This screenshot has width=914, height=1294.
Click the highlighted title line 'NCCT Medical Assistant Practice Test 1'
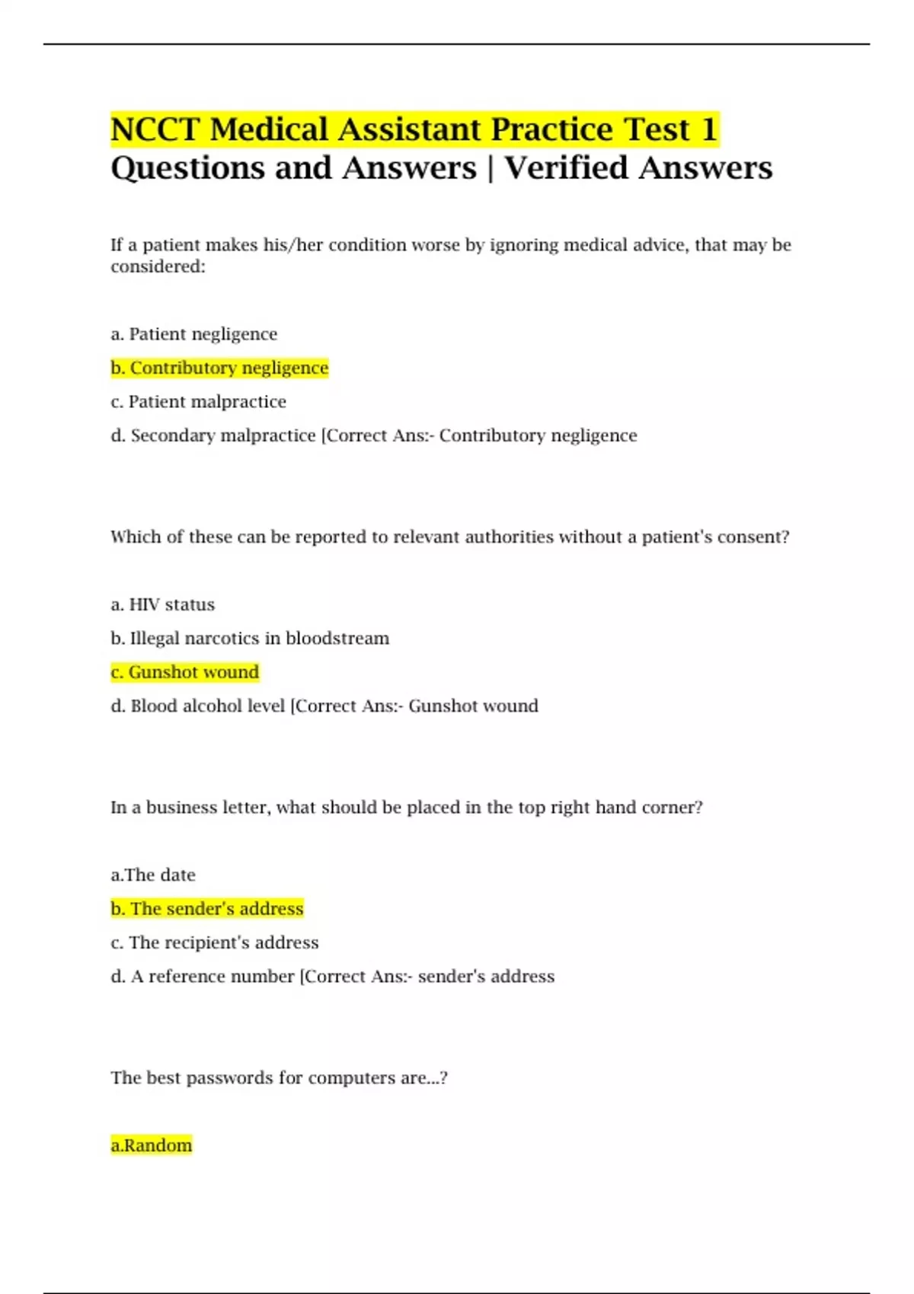pyautogui.click(x=414, y=129)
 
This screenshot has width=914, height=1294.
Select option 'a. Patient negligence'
pyautogui.click(x=194, y=334)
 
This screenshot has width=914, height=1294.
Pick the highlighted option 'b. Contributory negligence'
pyautogui.click(x=219, y=368)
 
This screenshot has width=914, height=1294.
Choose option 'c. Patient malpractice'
pyautogui.click(x=199, y=402)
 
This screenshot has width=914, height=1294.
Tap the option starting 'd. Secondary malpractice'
pyautogui.click(x=213, y=435)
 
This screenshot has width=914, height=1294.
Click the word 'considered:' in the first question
pyautogui.click(x=158, y=266)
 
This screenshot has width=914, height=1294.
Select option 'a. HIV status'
pyautogui.click(x=163, y=604)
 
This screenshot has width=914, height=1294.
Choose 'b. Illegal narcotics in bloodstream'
pyautogui.click(x=250, y=639)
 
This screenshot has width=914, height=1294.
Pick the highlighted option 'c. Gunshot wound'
pyautogui.click(x=185, y=672)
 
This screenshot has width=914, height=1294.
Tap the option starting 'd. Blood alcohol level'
pyautogui.click(x=198, y=706)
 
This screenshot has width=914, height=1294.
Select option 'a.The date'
pyautogui.click(x=153, y=875)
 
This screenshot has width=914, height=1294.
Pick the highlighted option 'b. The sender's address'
pyautogui.click(x=207, y=909)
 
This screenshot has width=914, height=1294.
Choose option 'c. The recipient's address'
pyautogui.click(x=215, y=943)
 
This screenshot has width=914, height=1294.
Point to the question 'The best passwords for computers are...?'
pyautogui.click(x=279, y=1078)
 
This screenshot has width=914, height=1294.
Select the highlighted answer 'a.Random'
pyautogui.click(x=152, y=1146)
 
